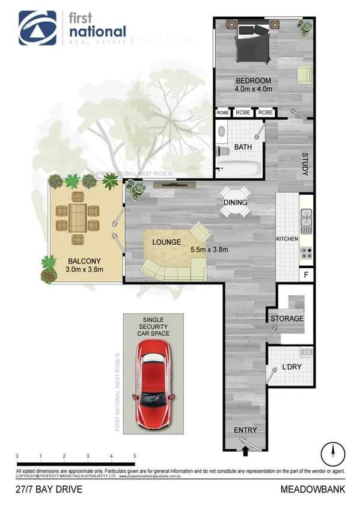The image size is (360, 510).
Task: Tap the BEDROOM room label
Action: pyautogui.click(x=253, y=81)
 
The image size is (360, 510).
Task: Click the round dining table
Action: pyautogui.click(x=235, y=202)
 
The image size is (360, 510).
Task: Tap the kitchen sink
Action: pyautogui.click(x=306, y=221)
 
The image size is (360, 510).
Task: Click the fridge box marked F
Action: pyautogui.click(x=306, y=275)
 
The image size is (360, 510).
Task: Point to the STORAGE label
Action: pyautogui.click(x=287, y=318)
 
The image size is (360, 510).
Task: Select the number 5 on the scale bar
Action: pyautogui.click(x=135, y=456)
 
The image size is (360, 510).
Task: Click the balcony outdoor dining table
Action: pyautogui.click(x=77, y=217)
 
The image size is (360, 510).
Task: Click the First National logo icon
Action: pyautogui.click(x=37, y=28)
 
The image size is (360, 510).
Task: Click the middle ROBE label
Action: pyautogui.click(x=243, y=112)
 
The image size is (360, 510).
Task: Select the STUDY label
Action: pyautogui.click(x=305, y=164)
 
